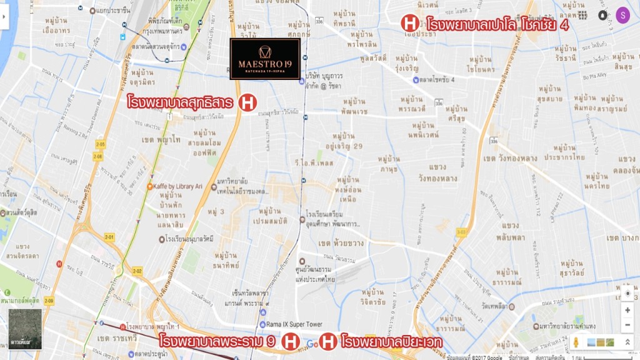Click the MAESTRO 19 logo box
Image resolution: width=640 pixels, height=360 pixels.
[265, 59]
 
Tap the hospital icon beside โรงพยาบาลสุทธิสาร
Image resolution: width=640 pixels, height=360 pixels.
[248, 102]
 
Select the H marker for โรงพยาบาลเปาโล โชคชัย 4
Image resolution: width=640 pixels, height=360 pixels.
[409, 24]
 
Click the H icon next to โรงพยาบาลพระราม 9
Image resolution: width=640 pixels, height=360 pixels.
[289, 342]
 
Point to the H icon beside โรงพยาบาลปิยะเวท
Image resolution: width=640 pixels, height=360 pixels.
[329, 342]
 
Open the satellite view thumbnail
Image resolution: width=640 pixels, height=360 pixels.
[26, 328]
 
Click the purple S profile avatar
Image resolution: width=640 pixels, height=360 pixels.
[622, 15]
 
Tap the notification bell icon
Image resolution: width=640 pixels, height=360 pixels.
[602, 15]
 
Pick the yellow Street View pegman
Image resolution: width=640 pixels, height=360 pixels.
[576, 342]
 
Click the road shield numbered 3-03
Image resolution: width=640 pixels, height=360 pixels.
[461, 232]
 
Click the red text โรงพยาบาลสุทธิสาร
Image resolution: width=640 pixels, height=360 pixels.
[181, 102]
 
